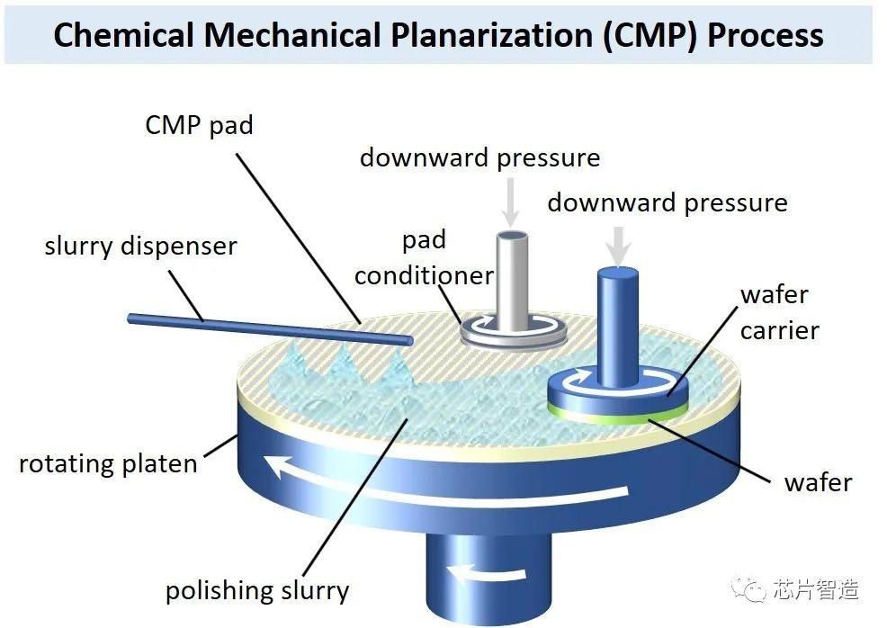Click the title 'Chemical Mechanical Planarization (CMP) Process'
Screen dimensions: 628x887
pyautogui.click(x=438, y=34)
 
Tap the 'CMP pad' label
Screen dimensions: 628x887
pyautogui.click(x=199, y=124)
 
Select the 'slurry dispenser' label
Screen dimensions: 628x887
pyautogui.click(x=140, y=246)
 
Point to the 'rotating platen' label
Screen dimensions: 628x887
pyautogui.click(x=108, y=464)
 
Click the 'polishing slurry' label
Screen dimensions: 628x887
pyautogui.click(x=256, y=591)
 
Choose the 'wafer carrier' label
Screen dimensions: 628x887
pyautogui.click(x=778, y=312)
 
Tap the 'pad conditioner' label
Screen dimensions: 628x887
pyautogui.click(x=424, y=257)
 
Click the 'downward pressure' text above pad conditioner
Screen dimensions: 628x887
pyautogui.click(x=479, y=157)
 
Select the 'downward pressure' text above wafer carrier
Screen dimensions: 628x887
pyautogui.click(x=667, y=202)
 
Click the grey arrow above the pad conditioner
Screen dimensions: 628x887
pyautogui.click(x=511, y=202)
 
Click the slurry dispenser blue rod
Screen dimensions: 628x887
pyautogui.click(x=270, y=328)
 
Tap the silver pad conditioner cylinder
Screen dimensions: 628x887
pyautogui.click(x=511, y=279)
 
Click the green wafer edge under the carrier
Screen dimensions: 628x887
pyautogui.click(x=621, y=417)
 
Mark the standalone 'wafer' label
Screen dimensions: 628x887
pyautogui.click(x=817, y=482)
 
